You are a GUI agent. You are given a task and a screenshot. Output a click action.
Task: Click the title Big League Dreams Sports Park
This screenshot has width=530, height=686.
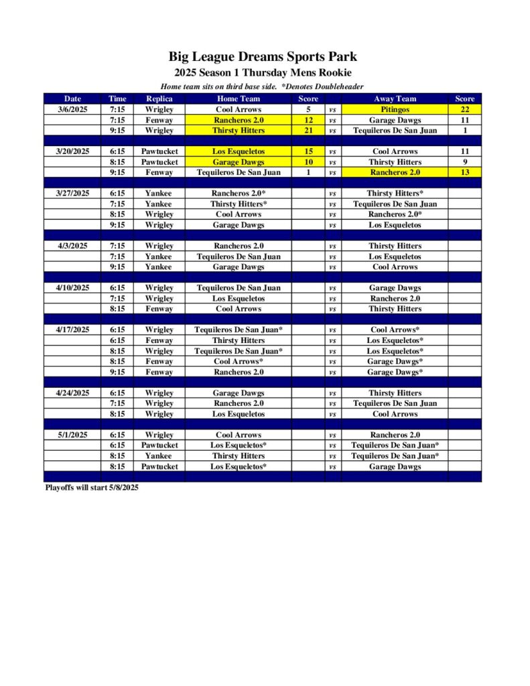[x=263, y=57]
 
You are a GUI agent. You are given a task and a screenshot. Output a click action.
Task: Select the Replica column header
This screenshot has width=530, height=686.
[x=159, y=98]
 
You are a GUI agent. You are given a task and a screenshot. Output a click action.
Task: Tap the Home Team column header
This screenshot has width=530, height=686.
[x=239, y=98]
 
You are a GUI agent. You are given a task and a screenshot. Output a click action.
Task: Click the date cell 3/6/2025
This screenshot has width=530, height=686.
[x=72, y=109]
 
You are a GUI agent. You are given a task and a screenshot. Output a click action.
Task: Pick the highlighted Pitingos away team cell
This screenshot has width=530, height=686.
[x=395, y=109]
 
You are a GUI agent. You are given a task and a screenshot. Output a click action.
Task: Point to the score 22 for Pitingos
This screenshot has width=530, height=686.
[x=464, y=109]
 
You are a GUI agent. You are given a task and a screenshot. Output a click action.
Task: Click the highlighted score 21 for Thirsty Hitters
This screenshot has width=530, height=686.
[x=308, y=130]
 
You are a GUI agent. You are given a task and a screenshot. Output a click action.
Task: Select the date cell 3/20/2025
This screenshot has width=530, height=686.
[x=72, y=151]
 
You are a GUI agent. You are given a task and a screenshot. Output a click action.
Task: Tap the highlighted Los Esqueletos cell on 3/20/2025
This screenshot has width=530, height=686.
[x=239, y=151]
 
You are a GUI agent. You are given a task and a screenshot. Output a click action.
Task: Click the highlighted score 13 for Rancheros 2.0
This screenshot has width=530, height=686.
[x=464, y=172]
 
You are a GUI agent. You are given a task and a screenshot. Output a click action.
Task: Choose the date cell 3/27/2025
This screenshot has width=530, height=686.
[x=72, y=193]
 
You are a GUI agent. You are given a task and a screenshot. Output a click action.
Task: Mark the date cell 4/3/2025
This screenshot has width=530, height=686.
[x=72, y=246]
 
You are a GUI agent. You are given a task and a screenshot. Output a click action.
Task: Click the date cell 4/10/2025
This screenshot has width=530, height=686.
[x=72, y=287]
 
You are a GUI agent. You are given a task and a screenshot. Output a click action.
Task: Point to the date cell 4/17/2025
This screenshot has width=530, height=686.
[x=72, y=330]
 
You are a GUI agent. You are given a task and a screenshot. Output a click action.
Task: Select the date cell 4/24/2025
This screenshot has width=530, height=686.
[x=72, y=393]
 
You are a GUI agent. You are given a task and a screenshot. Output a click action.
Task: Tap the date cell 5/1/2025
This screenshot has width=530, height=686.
[x=72, y=435]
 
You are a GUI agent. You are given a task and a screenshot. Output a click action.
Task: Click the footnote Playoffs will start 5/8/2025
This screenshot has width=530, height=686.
[x=92, y=488]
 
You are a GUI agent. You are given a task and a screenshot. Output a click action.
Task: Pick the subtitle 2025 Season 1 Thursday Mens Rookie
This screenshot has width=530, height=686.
[x=263, y=72]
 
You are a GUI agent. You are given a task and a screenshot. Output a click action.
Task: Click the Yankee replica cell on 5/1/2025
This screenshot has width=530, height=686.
[x=159, y=456]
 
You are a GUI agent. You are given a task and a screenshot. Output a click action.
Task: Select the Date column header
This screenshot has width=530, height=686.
[x=72, y=98]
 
